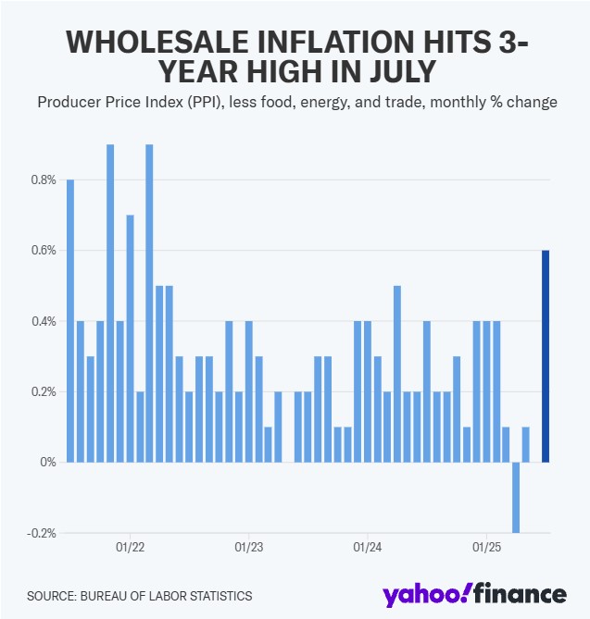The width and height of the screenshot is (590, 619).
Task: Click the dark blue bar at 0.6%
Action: [546, 356]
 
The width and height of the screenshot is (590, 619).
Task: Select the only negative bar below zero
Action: [516, 497]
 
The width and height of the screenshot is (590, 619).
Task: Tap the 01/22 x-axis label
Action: [129, 547]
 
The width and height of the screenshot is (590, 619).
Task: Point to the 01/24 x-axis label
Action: [368, 547]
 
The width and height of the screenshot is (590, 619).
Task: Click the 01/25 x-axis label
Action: [487, 547]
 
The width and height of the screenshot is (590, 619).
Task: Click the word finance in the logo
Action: [522, 593]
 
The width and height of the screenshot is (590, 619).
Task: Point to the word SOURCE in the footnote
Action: [50, 596]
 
